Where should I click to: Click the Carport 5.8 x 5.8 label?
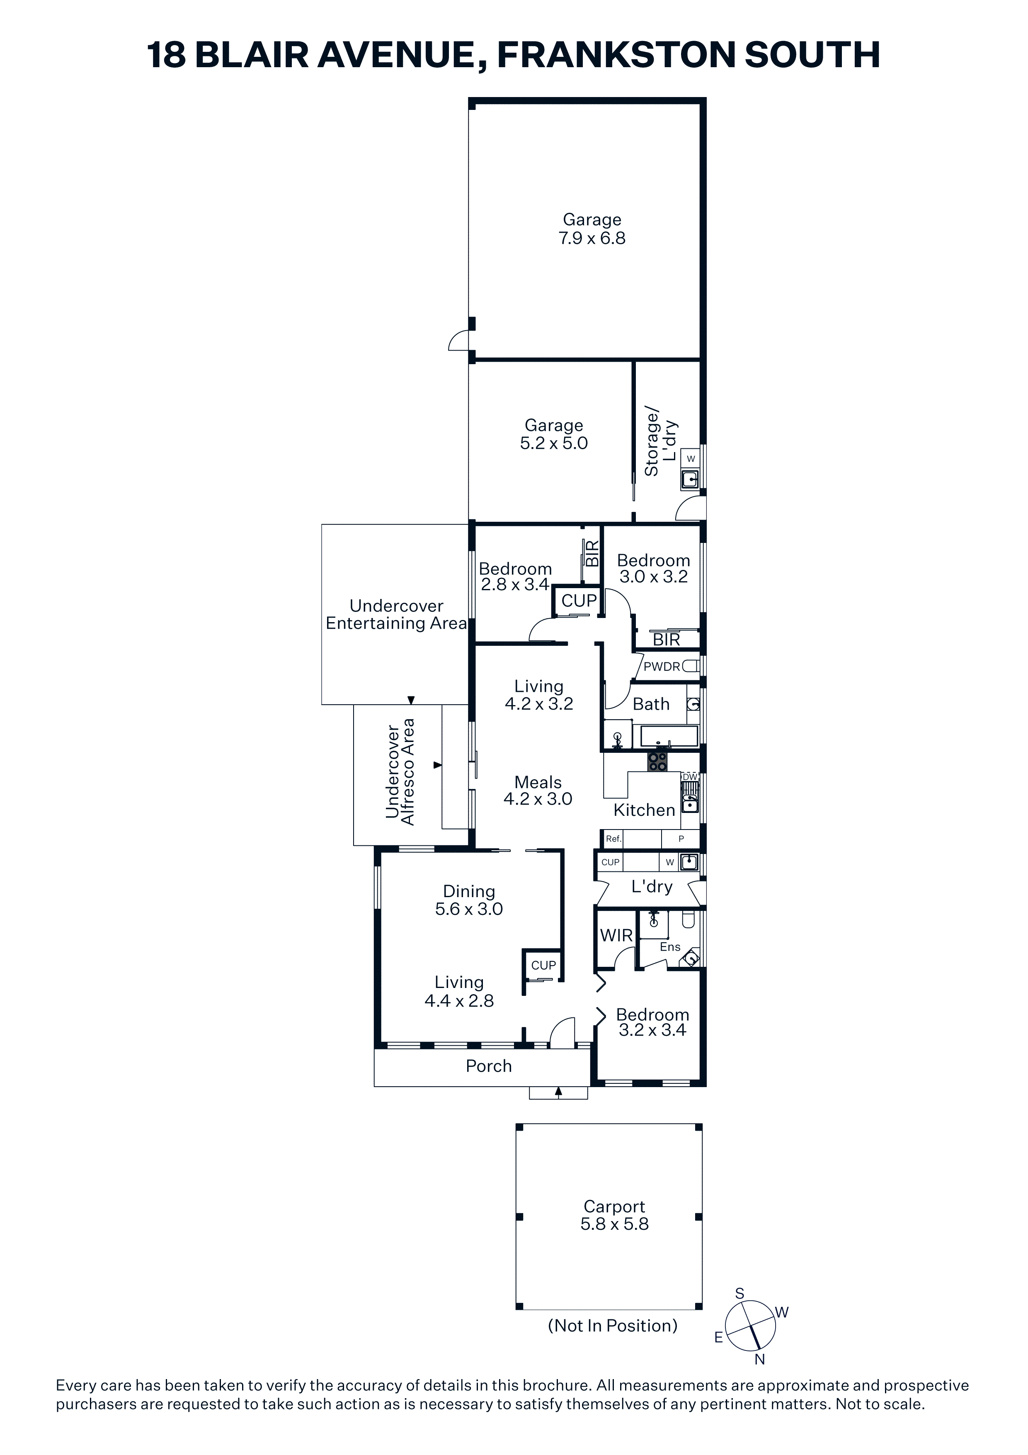coord(614,1215)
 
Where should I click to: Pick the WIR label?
coord(616,935)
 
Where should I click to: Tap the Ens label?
coord(670,947)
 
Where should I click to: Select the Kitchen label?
coord(644,810)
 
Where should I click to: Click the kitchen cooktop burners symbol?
coord(657,761)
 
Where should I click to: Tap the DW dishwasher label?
coord(690,777)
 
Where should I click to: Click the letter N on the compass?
coord(759,1359)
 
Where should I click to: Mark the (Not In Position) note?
coord(613,1326)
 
